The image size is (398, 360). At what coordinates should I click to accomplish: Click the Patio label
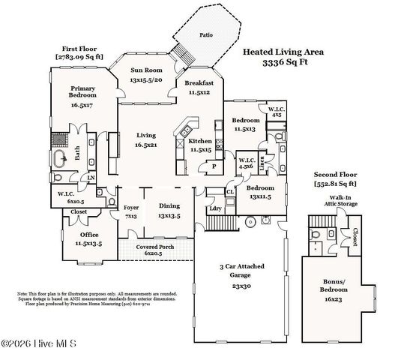tap(205, 34)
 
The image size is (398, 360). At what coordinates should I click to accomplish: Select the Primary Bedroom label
tap(82, 91)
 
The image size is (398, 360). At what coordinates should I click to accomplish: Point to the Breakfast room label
tap(199, 82)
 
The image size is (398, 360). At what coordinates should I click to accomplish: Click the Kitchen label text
tap(199, 141)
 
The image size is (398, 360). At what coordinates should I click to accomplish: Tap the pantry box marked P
tap(214, 166)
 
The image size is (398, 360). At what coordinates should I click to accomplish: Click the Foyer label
tap(131, 206)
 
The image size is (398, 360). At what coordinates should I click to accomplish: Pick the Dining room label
tap(170, 206)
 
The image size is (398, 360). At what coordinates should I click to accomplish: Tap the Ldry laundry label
tap(214, 208)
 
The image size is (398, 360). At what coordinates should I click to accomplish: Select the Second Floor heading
tap(334, 174)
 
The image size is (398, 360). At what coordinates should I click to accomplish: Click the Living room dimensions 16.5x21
tap(145, 145)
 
